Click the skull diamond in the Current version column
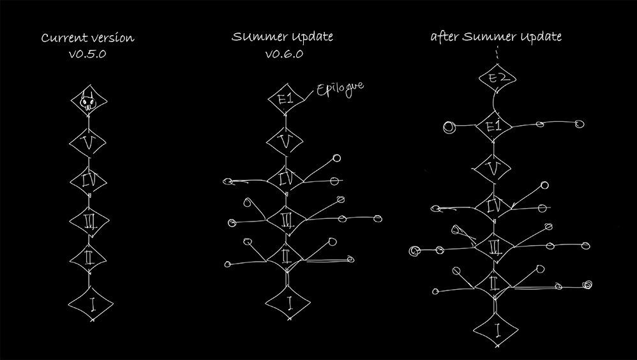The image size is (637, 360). point(89,100)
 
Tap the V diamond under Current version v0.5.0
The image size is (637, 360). point(87,142)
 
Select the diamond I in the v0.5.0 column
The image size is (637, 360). point(91,304)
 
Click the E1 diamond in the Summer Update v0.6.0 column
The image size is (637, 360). point(287,99)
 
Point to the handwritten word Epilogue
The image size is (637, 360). point(340,89)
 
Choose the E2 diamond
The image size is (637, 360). point(497,78)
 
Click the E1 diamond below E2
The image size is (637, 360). point(493,126)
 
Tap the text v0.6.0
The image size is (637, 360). point(284,54)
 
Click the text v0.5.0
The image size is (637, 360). point(87,54)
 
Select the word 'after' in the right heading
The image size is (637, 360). point(446,36)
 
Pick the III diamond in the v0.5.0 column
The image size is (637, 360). point(89,221)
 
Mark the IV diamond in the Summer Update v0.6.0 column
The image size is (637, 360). point(285,179)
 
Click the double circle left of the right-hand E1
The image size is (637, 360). point(449,127)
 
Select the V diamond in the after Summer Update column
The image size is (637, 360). point(493,169)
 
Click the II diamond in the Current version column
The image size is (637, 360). point(89,259)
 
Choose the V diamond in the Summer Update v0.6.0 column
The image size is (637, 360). point(285,141)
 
